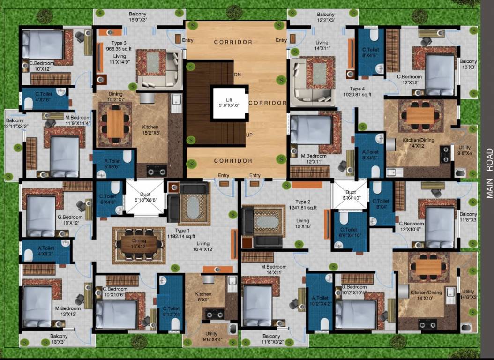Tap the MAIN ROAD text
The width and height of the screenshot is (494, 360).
[489, 173]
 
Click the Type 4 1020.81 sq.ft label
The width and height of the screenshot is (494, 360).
[360, 91]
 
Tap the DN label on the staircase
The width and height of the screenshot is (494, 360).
[237, 75]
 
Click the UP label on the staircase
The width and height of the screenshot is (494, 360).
[250, 135]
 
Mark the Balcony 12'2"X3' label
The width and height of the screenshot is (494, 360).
[326, 17]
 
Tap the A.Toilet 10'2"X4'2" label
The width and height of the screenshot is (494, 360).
[320, 300]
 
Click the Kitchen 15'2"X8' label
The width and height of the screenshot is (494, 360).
[150, 130]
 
